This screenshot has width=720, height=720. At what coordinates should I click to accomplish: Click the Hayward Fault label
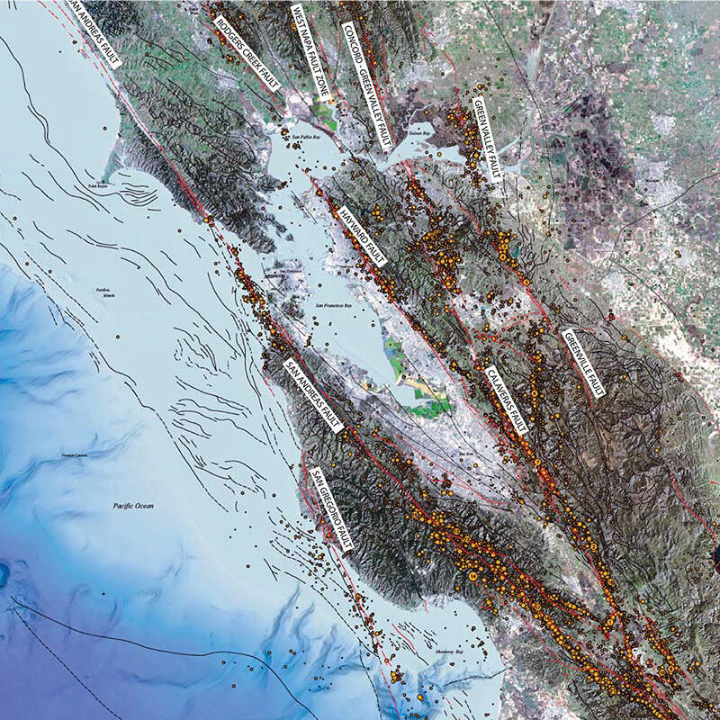coord(362,236)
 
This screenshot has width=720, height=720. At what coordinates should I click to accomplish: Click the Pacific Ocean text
coord(133,507)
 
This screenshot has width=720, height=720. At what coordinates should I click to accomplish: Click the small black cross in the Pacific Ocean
coord(104,594)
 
